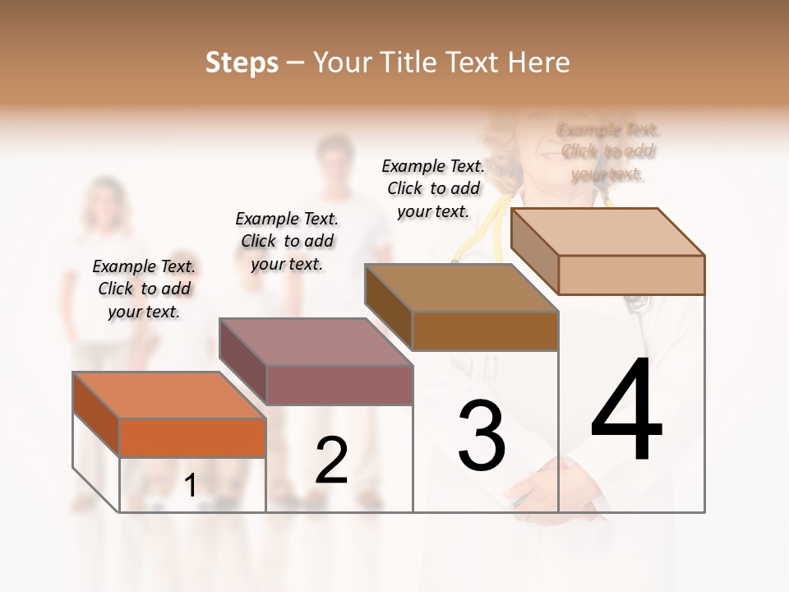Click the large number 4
626,410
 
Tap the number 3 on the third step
482,436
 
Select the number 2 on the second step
332,461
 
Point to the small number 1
191,486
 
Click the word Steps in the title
242,62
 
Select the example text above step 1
144,289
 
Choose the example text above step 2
287,241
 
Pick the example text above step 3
433,188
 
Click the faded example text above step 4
607,152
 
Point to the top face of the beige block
608,232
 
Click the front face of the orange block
192,437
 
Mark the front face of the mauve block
339,386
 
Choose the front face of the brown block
485,331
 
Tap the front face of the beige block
631,275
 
